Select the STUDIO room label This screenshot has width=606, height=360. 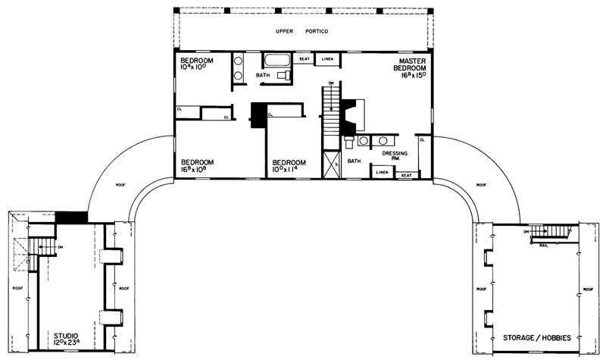click(x=64, y=337)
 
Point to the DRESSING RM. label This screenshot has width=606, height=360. click(x=395, y=156)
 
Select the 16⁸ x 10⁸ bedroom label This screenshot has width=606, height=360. click(x=197, y=165)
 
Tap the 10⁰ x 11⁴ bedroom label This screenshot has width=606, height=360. click(x=289, y=165)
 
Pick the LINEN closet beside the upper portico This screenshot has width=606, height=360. click(x=326, y=59)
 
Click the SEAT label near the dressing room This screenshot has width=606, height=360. click(x=406, y=174)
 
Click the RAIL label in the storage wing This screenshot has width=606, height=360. click(x=542, y=245)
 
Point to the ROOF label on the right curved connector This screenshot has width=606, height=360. click(x=482, y=184)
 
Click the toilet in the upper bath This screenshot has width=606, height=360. click(x=283, y=76)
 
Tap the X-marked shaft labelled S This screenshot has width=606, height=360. click(x=330, y=164)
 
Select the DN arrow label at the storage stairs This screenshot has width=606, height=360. click(x=526, y=230)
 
